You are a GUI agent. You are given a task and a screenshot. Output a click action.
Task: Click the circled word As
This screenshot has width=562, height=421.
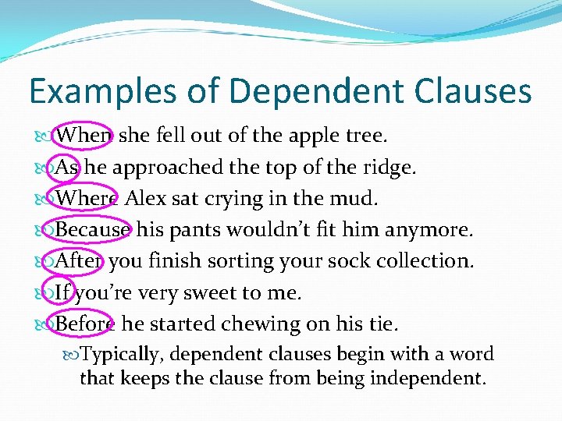coord(68,167)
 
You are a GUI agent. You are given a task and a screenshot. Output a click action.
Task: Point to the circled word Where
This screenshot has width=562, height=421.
coord(87,198)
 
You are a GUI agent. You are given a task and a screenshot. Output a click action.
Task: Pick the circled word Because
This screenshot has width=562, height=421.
coord(93,230)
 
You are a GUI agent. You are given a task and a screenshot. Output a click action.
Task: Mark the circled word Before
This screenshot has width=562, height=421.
coord(85,324)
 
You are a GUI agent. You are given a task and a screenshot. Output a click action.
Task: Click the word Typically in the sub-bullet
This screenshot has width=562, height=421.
coord(122,355)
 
